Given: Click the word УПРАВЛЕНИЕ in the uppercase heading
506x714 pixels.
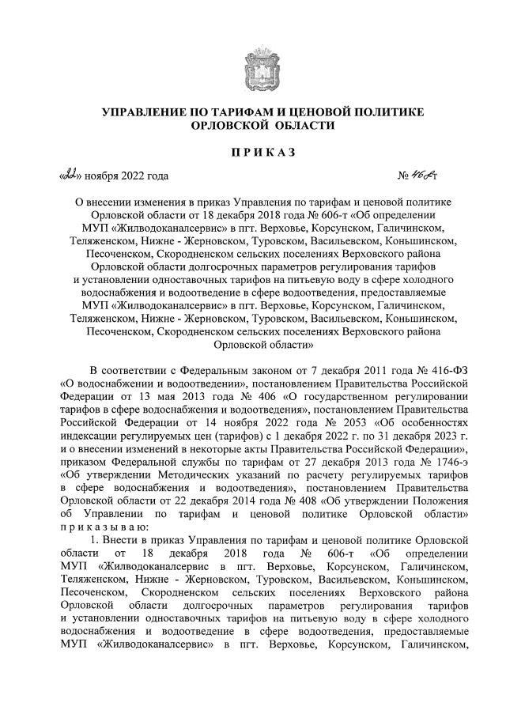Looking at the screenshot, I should tap(146, 111).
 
